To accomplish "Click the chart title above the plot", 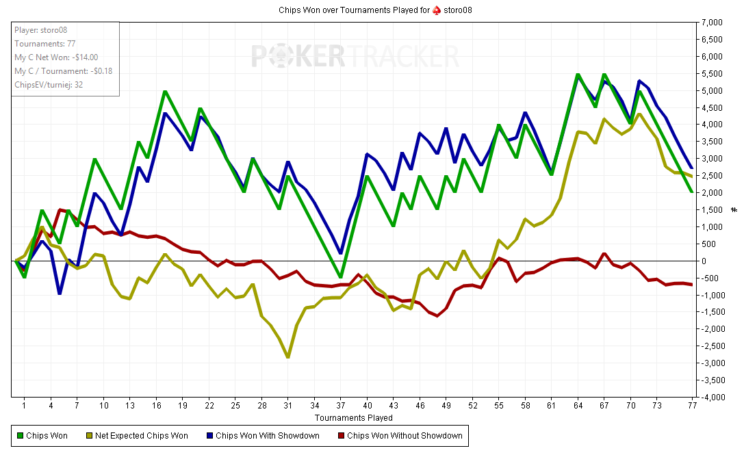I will pos(375,10).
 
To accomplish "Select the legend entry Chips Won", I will pos(47,435).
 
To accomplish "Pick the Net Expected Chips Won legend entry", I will pos(141,435).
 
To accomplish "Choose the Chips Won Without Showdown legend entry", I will pos(405,435).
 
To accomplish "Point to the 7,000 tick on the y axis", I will pos(712,23).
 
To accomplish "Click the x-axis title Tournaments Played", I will pos(354,417).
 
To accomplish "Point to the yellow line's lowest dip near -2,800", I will pos(288,356).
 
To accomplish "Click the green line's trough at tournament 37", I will pos(341,277).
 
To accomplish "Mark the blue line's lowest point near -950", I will pos(60,293).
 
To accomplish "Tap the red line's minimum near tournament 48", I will pos(437,315).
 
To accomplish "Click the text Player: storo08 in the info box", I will pos(40,30).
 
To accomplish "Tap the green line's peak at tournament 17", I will pos(165,91).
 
